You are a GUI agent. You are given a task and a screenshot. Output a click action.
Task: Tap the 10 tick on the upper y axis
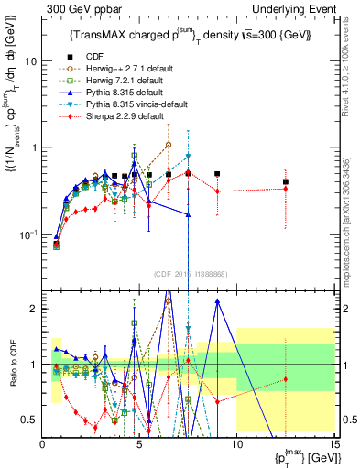(31, 60)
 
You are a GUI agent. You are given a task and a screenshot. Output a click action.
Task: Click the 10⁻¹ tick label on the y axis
(27, 234)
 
